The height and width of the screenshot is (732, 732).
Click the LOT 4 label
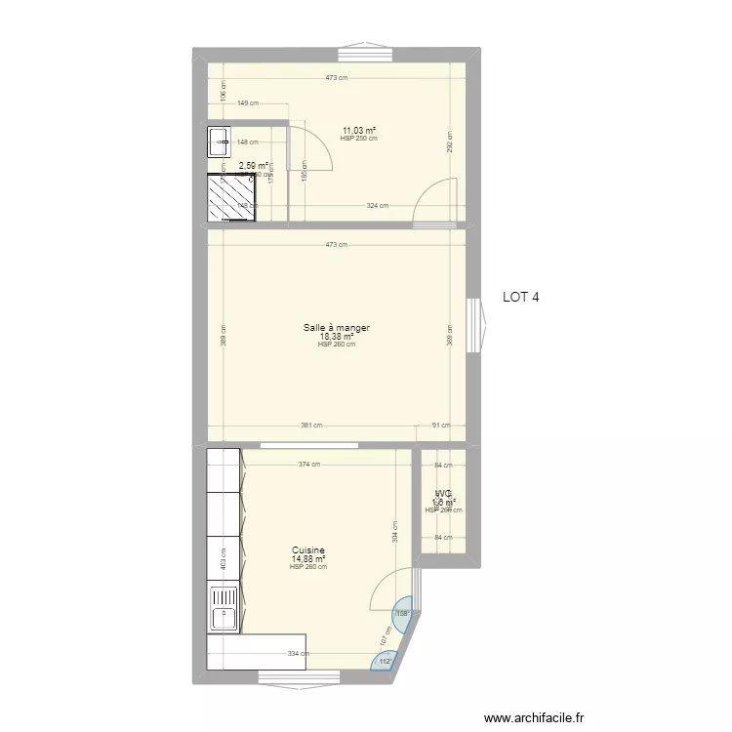click(x=520, y=299)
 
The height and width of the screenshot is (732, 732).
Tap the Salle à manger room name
click(x=336, y=328)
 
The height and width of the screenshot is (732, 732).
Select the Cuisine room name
click(x=307, y=550)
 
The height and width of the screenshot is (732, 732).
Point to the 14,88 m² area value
click(x=307, y=559)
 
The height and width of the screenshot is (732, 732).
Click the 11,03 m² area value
click(x=358, y=131)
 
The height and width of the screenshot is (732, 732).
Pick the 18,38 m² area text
click(x=336, y=337)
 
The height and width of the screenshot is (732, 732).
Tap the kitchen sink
click(x=224, y=610)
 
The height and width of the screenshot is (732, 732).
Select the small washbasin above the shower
click(x=218, y=142)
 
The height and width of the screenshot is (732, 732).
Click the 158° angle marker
click(x=402, y=615)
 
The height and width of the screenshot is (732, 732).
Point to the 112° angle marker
click(x=384, y=662)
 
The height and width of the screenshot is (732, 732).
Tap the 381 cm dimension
click(x=310, y=426)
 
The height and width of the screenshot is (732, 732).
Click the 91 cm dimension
click(x=441, y=426)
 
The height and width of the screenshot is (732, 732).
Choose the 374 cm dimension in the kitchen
click(x=308, y=466)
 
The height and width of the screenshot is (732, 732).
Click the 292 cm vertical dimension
click(x=450, y=142)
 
